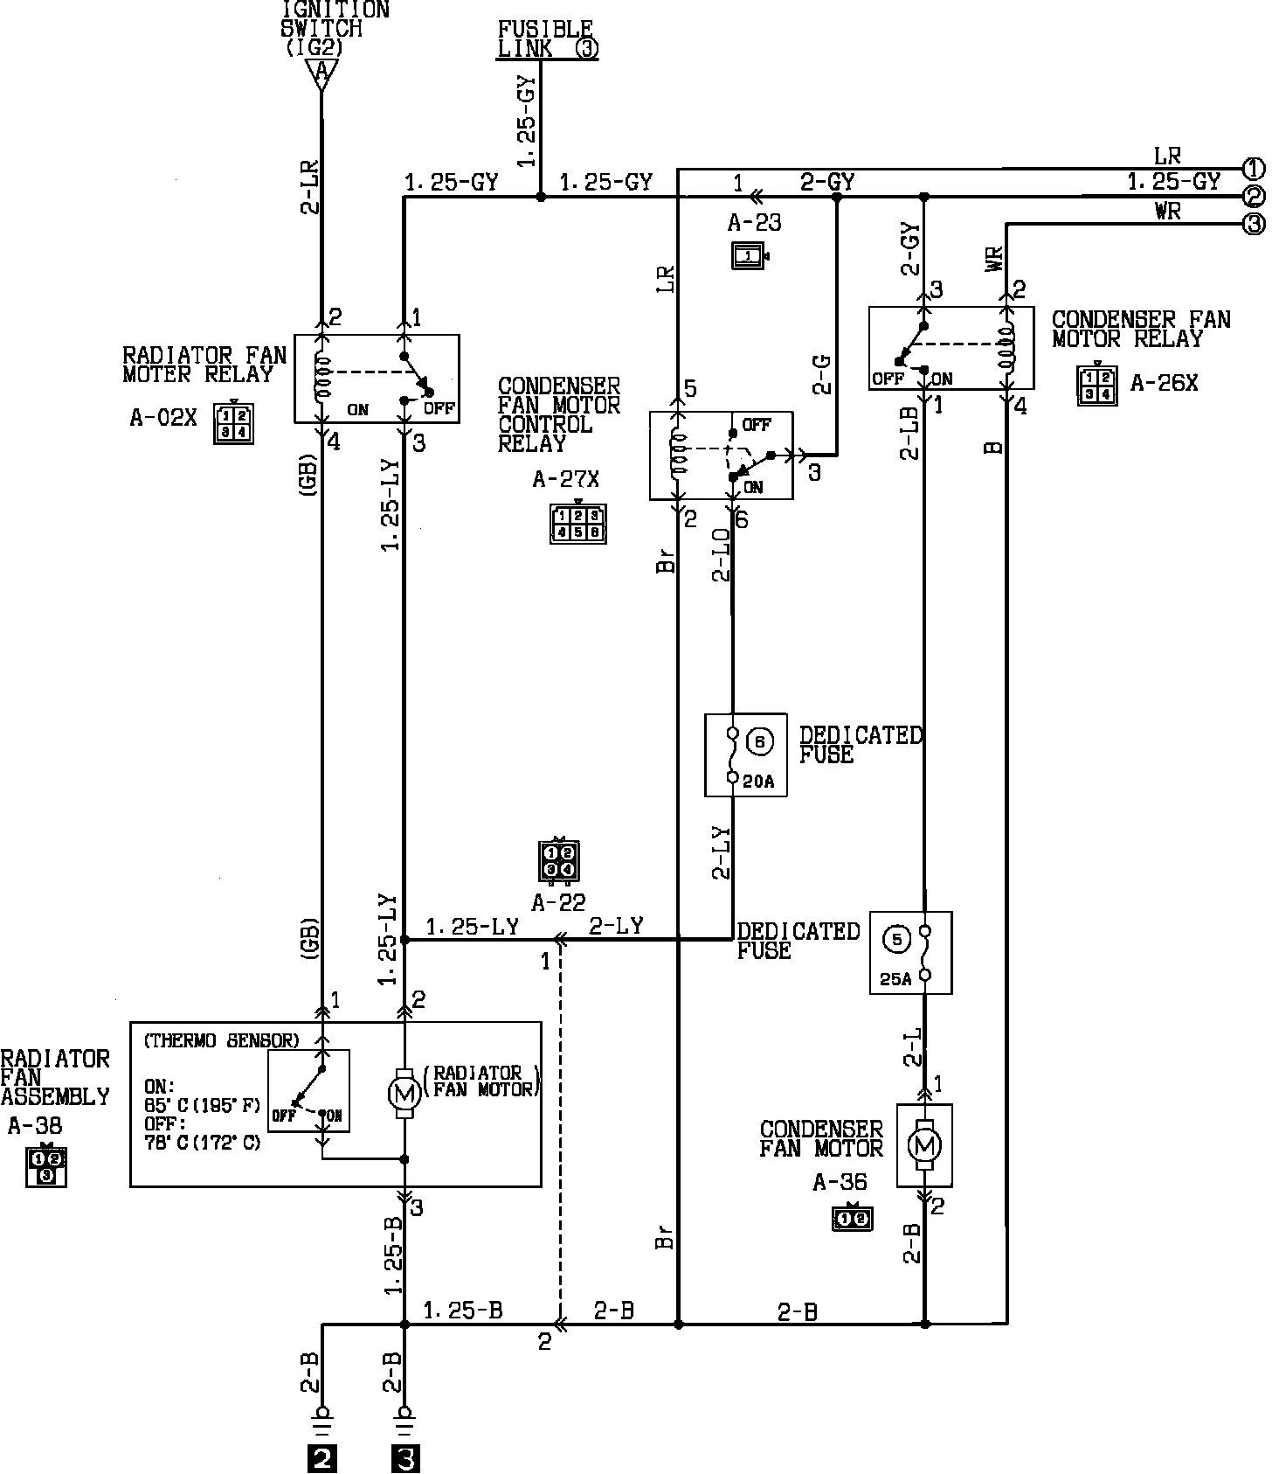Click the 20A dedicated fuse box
pos(745,754)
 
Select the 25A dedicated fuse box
pos(910,953)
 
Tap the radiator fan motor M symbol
pos(404,1092)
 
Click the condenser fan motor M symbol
pos(924,1144)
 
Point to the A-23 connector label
pos(754,222)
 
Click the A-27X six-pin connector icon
pos(577,524)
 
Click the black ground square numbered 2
pos(321,1459)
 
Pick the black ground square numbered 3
pos(404,1459)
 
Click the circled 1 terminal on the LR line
pos(1254,169)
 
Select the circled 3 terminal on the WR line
pos(1254,225)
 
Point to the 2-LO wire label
pos(721,555)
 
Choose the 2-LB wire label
pos(909,433)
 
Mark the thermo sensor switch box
pos(308,1090)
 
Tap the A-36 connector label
pos(840,1183)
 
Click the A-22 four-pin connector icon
pos(559,860)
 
